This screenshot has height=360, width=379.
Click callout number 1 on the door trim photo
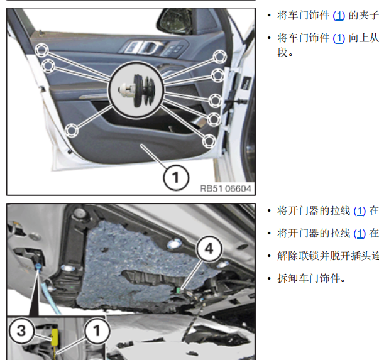[175, 178]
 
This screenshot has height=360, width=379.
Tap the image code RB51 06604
[225, 188]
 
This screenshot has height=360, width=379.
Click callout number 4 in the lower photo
[208, 248]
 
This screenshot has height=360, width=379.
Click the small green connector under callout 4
[179, 290]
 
